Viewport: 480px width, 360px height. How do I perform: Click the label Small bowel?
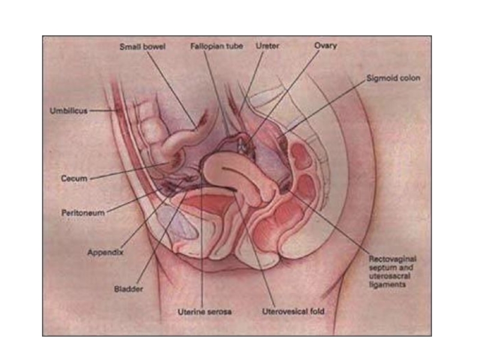click(142, 46)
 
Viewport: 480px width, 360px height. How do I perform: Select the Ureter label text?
click(268, 46)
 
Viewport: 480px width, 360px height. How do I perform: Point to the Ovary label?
click(326, 46)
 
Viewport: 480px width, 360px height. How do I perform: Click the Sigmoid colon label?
click(394, 79)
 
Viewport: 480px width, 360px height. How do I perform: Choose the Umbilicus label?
click(68, 111)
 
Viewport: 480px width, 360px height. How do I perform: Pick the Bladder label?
click(128, 289)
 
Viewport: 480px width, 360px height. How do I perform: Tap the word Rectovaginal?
click(392, 259)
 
